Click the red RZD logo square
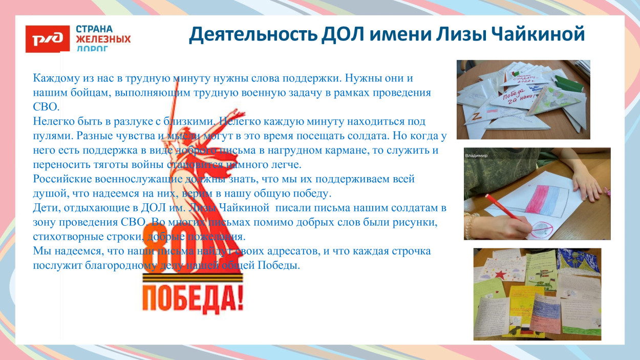click(x=47, y=39)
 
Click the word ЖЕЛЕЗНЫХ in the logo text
click(x=103, y=39)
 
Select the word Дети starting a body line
click(x=44, y=208)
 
